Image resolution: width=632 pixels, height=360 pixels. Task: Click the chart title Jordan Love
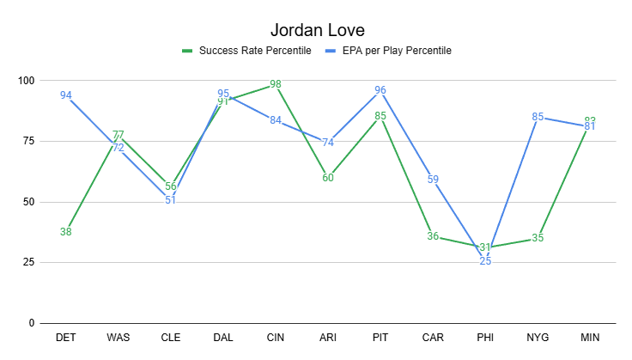coord(316,31)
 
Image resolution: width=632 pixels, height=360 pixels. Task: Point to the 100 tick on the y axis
coord(27,81)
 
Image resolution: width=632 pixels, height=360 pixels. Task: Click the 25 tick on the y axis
coord(30,262)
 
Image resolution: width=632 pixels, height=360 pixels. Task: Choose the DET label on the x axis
coord(65,338)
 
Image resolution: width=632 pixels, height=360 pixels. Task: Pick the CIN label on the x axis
coord(276,338)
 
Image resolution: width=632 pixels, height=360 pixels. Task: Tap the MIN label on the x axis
coord(590,338)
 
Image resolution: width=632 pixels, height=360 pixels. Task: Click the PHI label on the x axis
coord(485,338)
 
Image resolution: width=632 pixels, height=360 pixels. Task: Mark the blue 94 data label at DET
coord(66,95)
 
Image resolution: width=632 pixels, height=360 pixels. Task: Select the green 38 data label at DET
coord(66,231)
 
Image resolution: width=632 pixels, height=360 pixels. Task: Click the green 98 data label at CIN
coord(276,85)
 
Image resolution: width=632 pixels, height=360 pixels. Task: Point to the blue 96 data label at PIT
coord(380,90)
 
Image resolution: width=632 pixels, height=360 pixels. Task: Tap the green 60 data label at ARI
coord(328,178)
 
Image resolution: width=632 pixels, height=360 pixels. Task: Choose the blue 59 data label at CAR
coord(433,180)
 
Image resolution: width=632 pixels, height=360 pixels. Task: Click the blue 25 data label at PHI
coord(485,261)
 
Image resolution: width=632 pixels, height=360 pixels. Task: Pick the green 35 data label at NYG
coord(538,238)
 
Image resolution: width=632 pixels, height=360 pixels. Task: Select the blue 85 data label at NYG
coord(538,117)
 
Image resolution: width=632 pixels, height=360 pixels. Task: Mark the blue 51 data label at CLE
coord(171,199)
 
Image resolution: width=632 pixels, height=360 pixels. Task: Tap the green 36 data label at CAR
coord(433,236)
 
